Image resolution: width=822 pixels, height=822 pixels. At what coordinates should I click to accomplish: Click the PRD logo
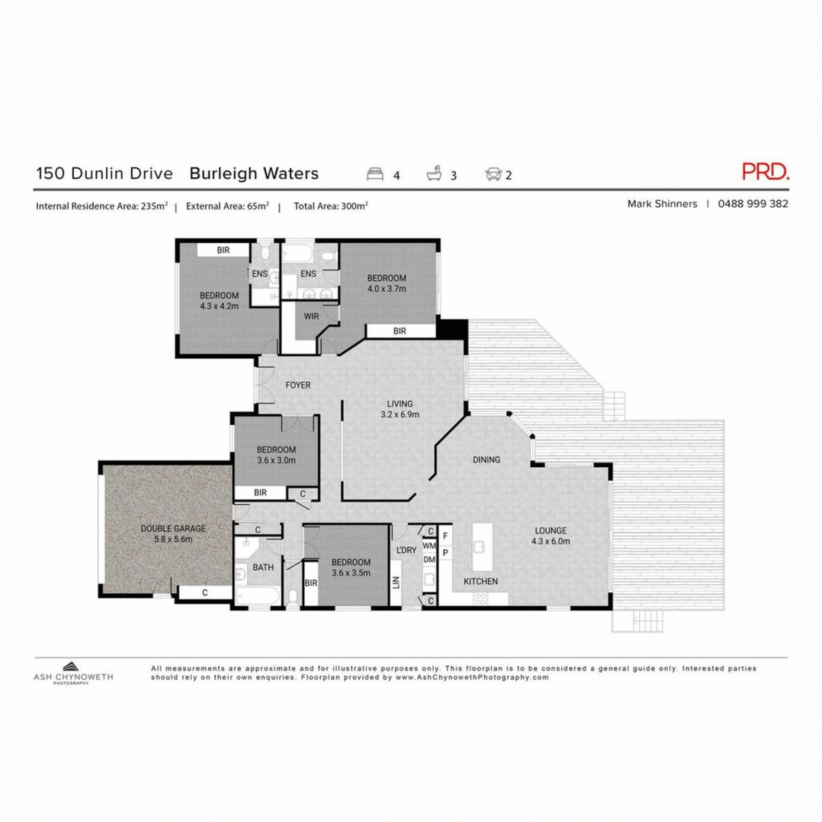click(x=765, y=171)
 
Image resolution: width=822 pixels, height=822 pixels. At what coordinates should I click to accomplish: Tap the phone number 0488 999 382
click(x=753, y=203)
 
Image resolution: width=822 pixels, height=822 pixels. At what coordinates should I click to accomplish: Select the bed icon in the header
click(x=375, y=174)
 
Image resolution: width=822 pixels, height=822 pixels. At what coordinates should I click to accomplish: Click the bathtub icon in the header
click(x=434, y=174)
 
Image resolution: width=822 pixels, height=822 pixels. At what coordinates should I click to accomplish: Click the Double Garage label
click(x=173, y=534)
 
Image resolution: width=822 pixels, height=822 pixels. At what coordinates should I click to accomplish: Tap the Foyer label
click(x=298, y=386)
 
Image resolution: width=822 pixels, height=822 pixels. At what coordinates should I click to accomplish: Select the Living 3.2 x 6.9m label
click(x=400, y=409)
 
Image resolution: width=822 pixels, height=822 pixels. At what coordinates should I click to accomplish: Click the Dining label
click(x=486, y=460)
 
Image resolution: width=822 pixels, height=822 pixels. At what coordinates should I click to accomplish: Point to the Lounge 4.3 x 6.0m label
click(x=551, y=536)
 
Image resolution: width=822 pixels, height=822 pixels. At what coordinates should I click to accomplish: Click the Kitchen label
click(x=481, y=582)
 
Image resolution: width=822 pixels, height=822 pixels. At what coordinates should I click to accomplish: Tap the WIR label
click(x=312, y=316)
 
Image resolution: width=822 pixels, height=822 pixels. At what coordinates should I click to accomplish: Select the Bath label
click(x=263, y=567)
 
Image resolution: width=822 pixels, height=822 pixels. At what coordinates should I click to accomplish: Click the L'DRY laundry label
click(x=406, y=550)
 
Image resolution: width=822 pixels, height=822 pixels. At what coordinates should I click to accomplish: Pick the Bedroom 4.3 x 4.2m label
click(x=219, y=301)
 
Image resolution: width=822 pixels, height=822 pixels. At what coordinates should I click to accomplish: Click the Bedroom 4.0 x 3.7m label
click(x=386, y=283)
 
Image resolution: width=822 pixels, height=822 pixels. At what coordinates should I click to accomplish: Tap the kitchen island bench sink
click(x=480, y=547)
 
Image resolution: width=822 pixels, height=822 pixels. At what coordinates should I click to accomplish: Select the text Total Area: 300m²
click(x=330, y=206)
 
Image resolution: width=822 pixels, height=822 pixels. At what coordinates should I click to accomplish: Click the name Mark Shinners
click(x=662, y=203)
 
